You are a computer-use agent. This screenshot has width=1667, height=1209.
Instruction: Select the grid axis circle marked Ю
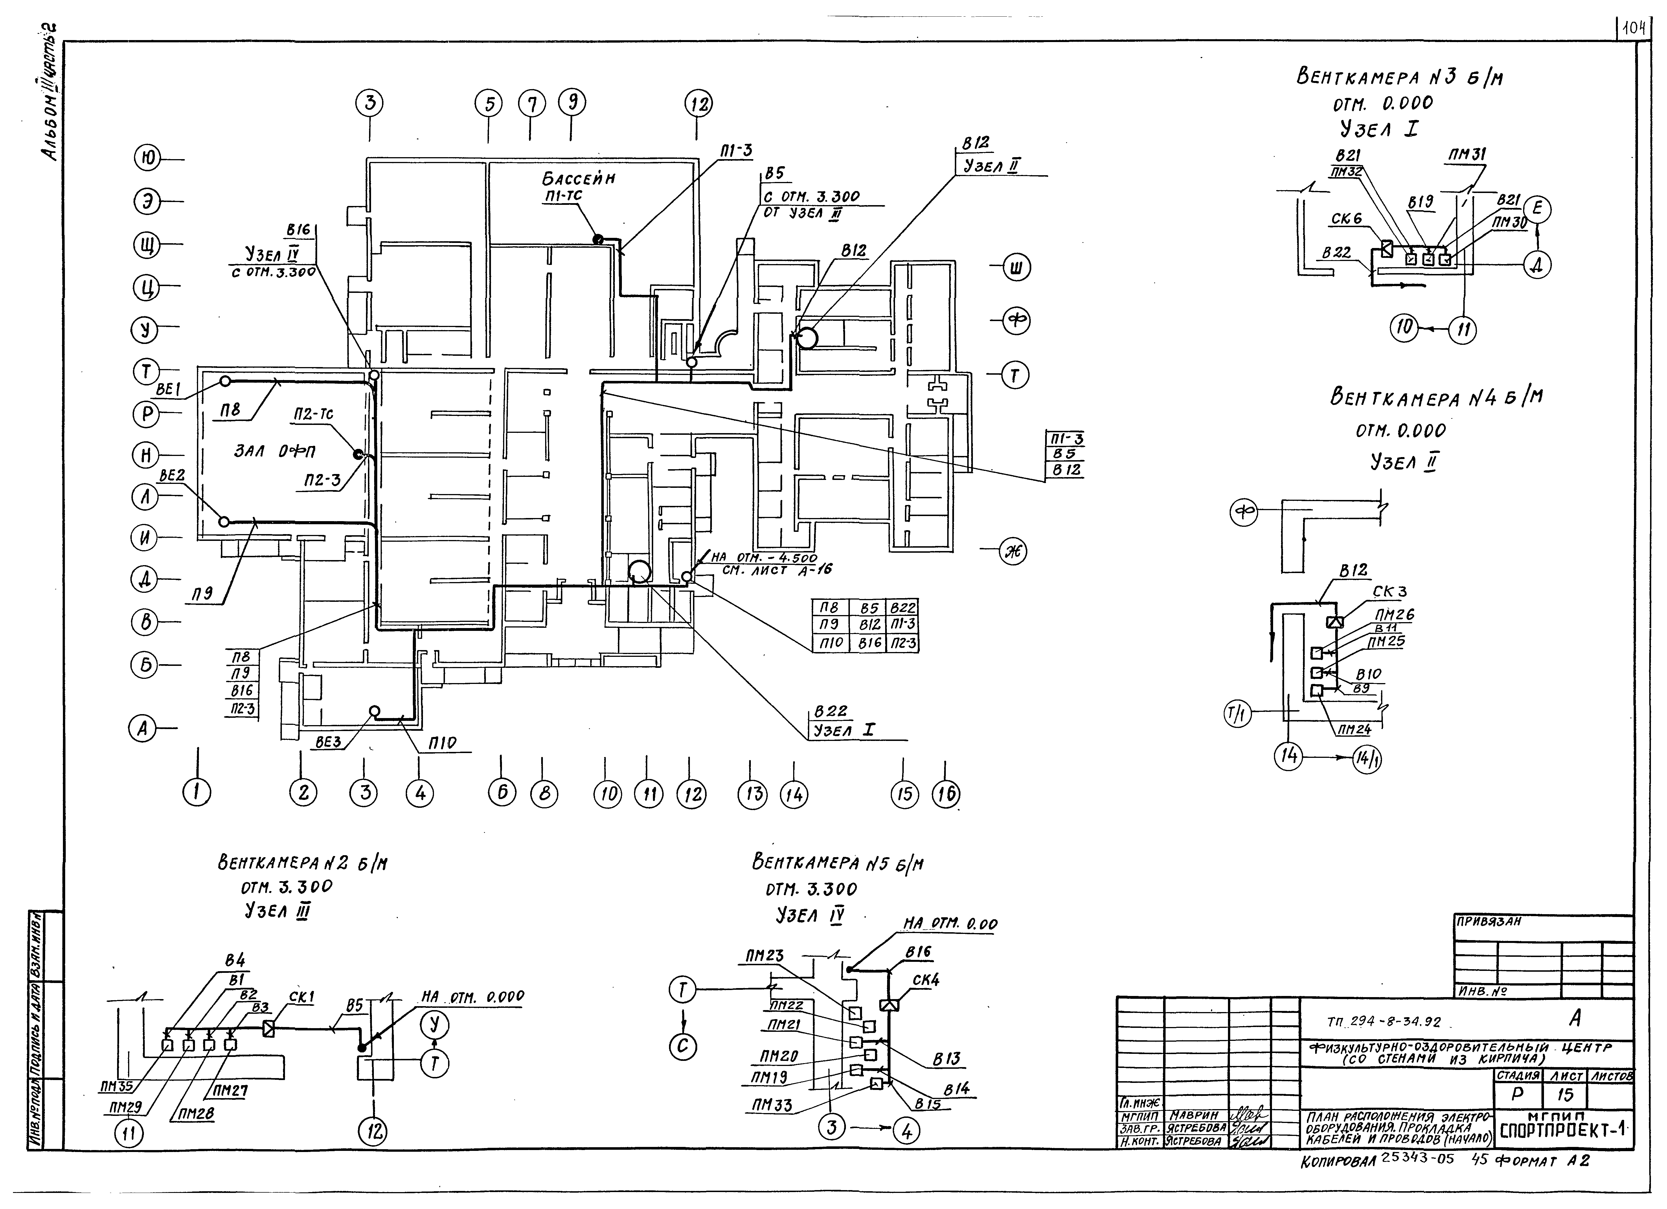point(148,158)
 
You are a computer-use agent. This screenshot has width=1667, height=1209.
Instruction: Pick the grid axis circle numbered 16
point(946,795)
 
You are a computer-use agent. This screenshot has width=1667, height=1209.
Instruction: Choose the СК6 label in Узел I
point(1346,219)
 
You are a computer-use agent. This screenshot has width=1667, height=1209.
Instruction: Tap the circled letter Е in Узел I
point(1536,210)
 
